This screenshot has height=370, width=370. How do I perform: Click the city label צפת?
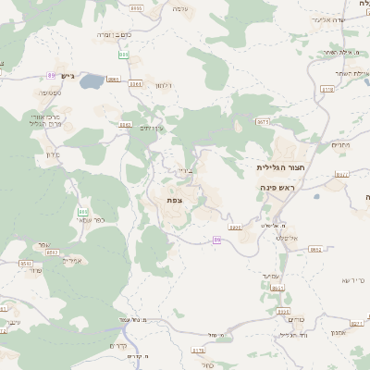[174, 201]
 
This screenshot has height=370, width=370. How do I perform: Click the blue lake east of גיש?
[92, 82]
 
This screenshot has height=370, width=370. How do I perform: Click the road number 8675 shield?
[264, 121]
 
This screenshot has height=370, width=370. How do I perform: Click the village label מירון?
[52, 154]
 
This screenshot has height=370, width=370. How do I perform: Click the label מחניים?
[340, 144]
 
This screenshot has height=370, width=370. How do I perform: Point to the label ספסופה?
[50, 92]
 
